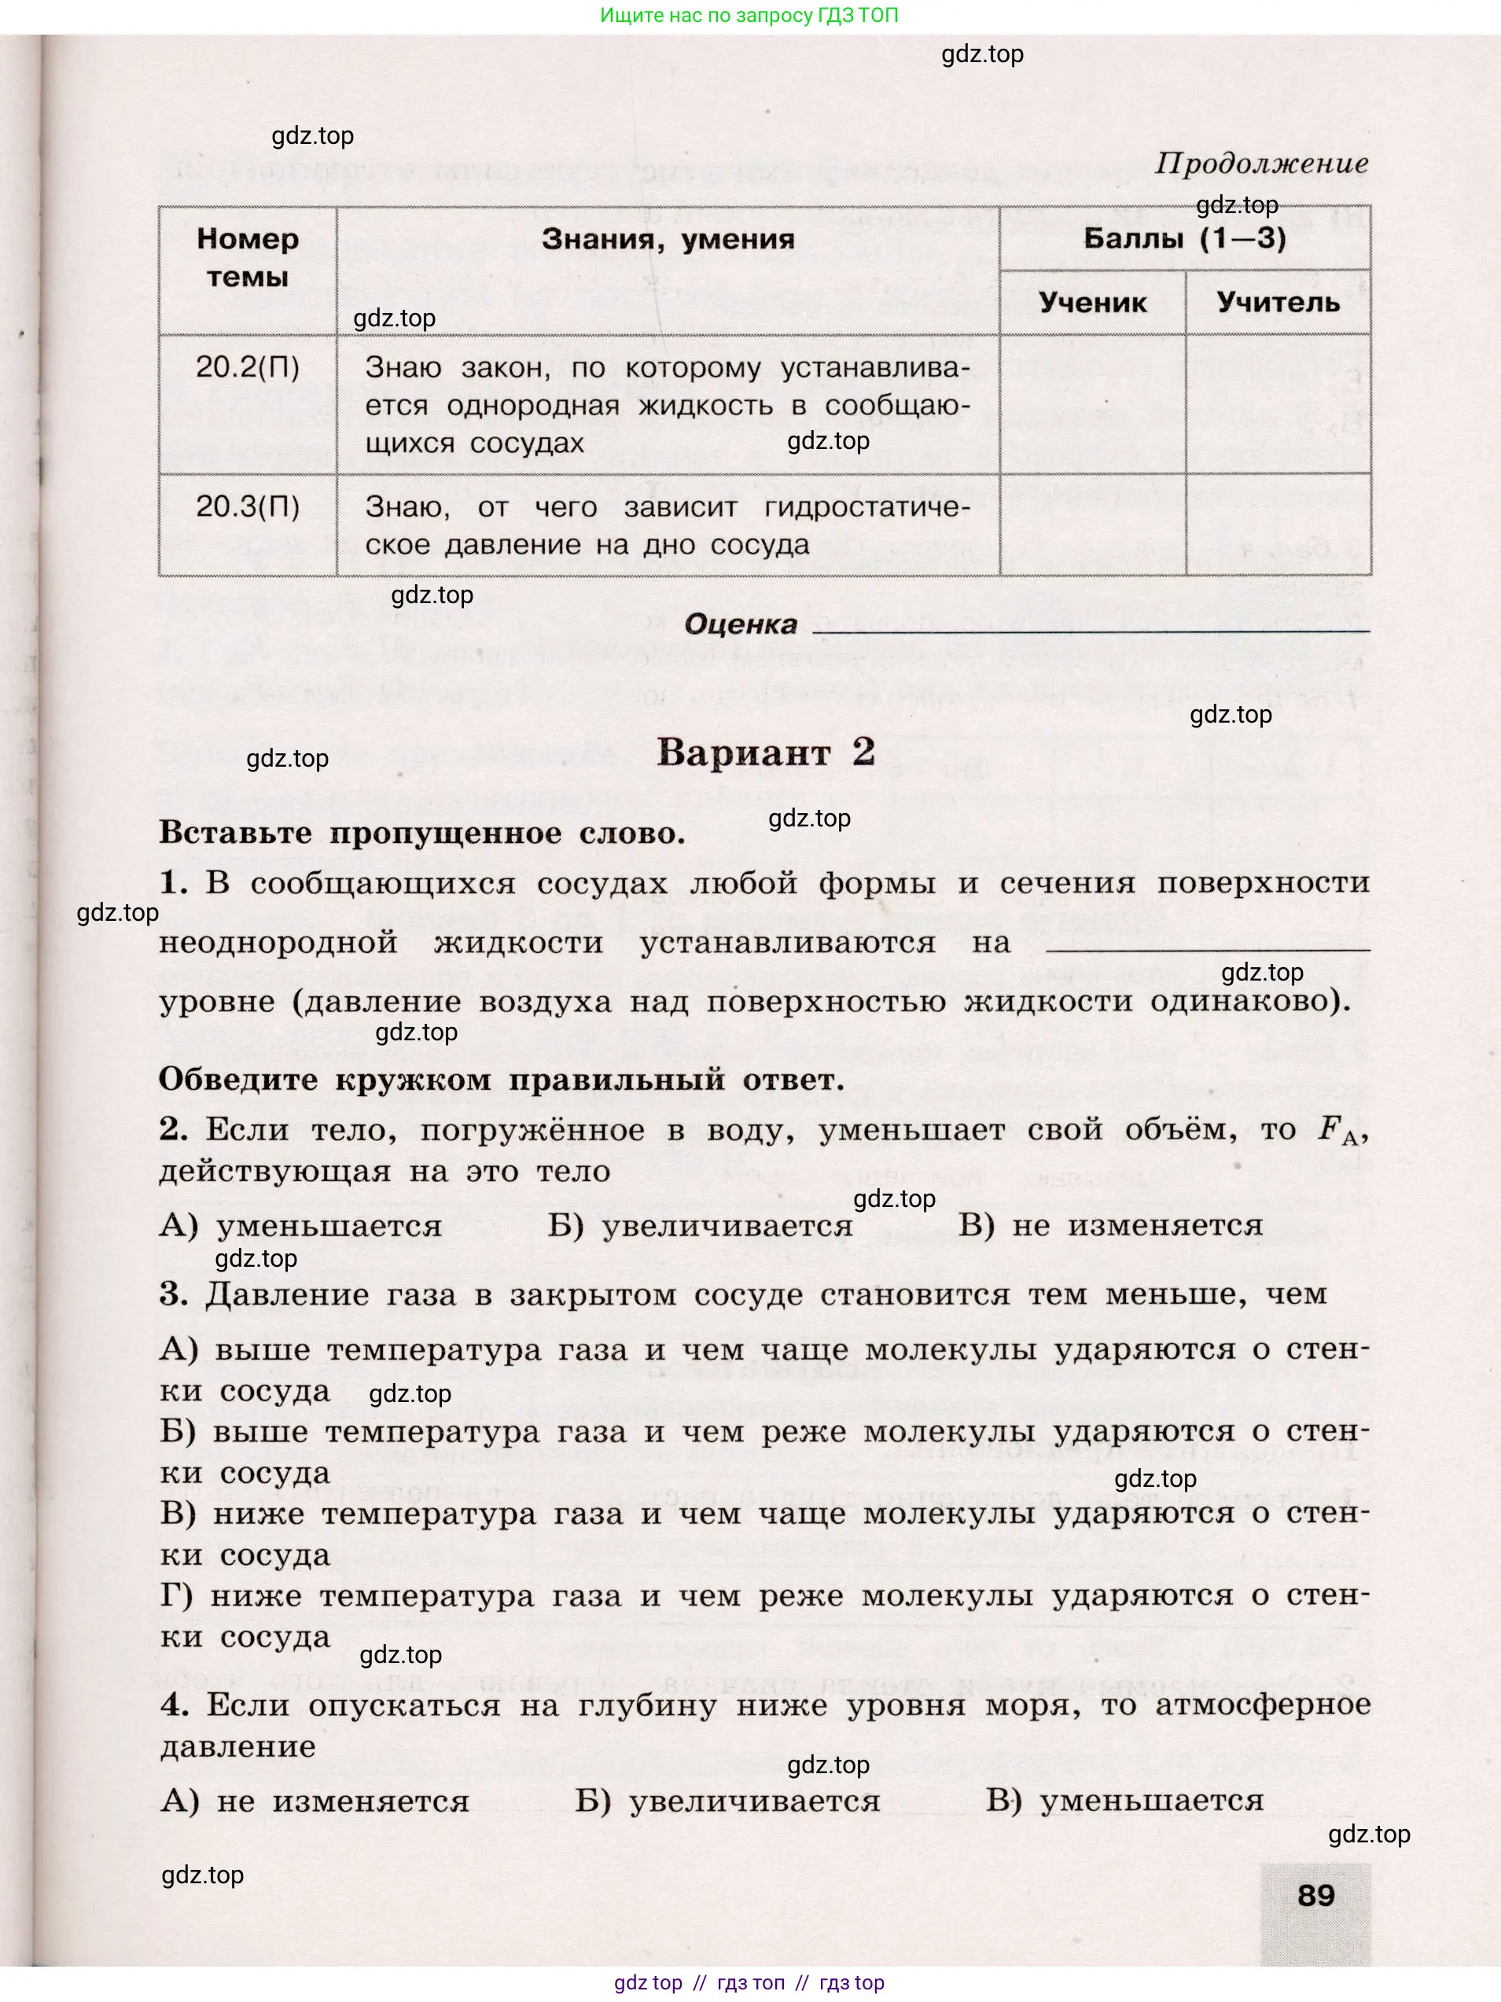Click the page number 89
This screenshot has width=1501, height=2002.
coord(1315,1894)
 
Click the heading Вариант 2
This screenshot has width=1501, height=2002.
coord(765,752)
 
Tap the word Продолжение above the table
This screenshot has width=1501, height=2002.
coord(1261,164)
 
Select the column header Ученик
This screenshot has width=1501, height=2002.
coord(1092,302)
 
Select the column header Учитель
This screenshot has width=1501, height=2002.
coord(1278,302)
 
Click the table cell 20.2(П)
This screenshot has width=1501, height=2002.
coord(247,366)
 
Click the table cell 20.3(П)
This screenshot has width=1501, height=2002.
coord(247,506)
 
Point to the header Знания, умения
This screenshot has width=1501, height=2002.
coord(668,239)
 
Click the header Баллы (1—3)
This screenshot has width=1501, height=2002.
coord(1184,238)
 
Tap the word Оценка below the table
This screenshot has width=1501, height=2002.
coord(740,624)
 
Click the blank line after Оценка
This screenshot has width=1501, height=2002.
coord(1091,626)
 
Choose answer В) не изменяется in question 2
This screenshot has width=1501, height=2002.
coord(1110,1225)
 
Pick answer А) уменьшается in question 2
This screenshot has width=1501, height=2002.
coord(300,1225)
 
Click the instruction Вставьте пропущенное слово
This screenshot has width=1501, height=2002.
coord(421,833)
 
